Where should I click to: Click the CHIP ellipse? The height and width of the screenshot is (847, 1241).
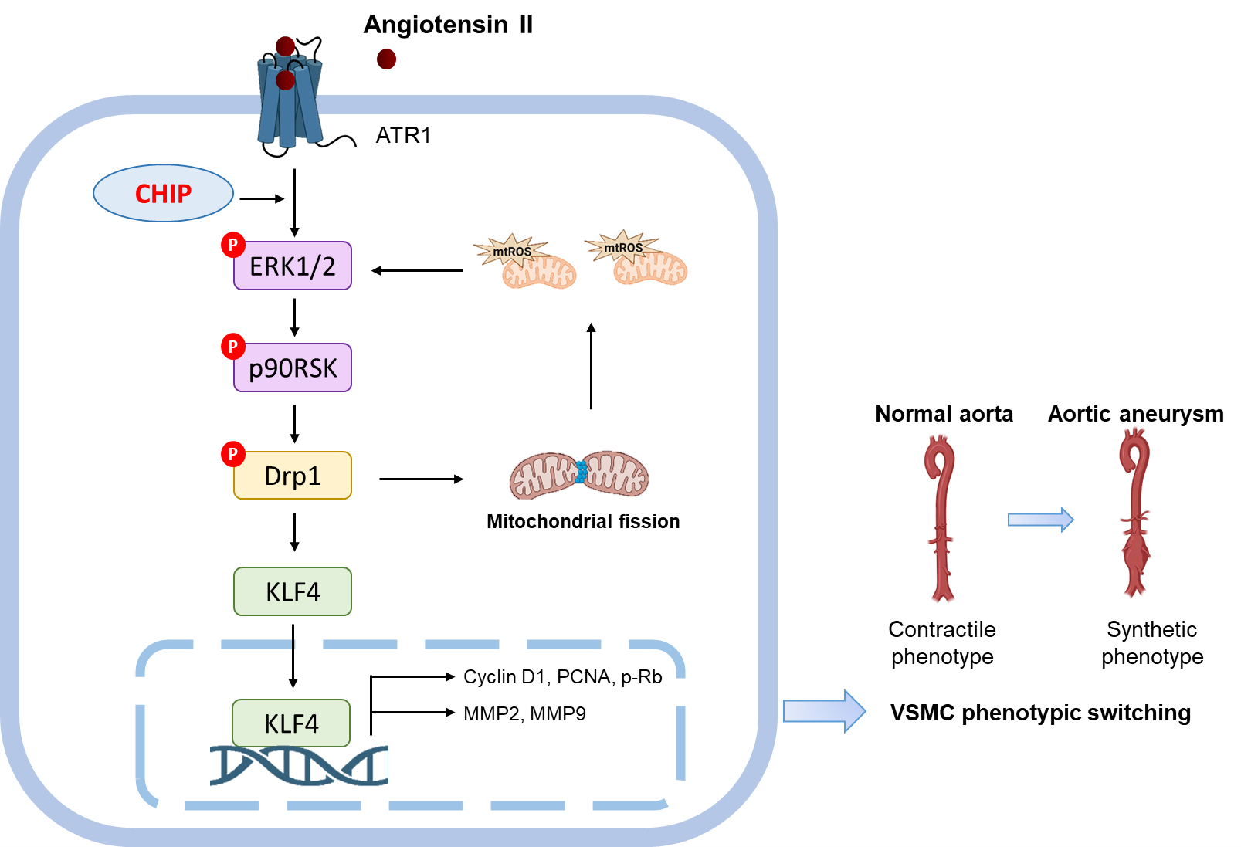163,193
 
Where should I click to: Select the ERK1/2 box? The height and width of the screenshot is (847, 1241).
293,266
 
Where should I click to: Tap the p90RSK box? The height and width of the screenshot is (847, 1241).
293,368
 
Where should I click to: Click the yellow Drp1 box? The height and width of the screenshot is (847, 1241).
293,476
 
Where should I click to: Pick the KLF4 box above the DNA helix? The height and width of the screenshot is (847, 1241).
291,723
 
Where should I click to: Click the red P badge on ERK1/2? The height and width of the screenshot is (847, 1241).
232,245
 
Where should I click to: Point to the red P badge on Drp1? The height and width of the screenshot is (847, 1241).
232,454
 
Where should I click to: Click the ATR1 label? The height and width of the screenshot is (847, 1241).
403,136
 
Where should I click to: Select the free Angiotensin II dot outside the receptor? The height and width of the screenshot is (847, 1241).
386,59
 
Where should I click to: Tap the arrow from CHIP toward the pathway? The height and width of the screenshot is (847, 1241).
262,199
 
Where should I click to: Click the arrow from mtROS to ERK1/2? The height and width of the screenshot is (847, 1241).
417,270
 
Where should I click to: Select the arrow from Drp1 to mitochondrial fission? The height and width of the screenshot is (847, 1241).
421,479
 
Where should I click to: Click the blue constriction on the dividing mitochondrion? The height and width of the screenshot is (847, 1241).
581,472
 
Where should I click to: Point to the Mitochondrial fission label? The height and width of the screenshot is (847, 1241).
583,522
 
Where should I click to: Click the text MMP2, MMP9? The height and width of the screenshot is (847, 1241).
524,713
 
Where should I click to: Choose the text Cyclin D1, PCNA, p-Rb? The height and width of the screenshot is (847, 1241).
562,677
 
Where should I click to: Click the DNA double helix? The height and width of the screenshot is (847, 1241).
299,766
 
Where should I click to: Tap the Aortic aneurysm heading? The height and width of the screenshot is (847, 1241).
1135,414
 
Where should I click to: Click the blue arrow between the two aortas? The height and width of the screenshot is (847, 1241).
1040,520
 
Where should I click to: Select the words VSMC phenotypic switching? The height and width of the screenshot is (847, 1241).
1040,713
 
